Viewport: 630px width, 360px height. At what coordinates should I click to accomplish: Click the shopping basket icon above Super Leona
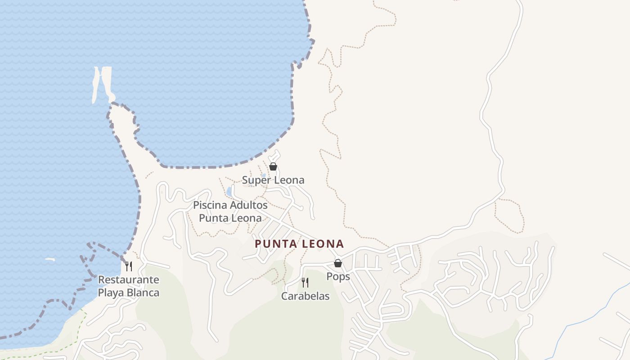coord(273,166)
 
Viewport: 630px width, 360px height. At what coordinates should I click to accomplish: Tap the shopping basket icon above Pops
coord(338,263)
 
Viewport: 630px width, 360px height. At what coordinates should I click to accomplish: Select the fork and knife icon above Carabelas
coord(305,283)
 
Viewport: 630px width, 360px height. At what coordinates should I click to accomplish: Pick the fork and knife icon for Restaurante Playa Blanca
coord(129,266)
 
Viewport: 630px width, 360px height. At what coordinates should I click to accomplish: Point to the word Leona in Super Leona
coord(289,180)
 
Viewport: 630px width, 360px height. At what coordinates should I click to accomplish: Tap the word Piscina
coord(210,205)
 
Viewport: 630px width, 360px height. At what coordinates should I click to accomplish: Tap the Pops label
coord(338,276)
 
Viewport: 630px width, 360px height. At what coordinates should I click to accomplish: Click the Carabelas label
coord(305,296)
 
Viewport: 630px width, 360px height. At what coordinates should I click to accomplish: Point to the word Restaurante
coord(129,279)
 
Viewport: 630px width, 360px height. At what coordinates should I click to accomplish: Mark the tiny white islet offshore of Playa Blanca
coord(49,259)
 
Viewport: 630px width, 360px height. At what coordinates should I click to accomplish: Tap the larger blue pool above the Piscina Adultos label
coord(229,192)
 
